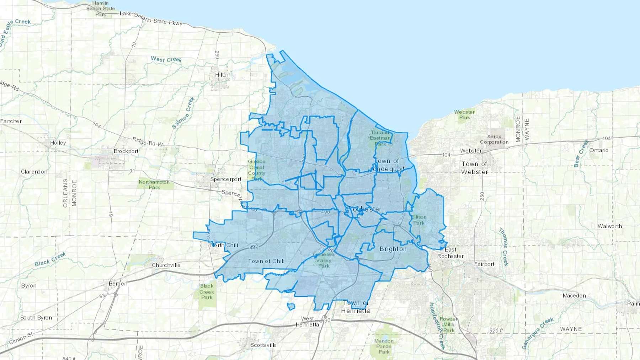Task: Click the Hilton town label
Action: pyautogui.click(x=223, y=75)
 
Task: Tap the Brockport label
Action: pyautogui.click(x=126, y=151)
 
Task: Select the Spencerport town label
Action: pyautogui.click(x=225, y=179)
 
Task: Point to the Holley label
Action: pyautogui.click(x=58, y=143)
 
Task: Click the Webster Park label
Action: pyautogui.click(x=464, y=114)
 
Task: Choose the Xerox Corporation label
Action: pyautogui.click(x=494, y=139)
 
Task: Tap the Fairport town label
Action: pyautogui.click(x=484, y=264)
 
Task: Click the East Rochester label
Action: pyautogui.click(x=450, y=253)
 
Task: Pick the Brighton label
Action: pyautogui.click(x=393, y=249)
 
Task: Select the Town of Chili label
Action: pyautogui.click(x=266, y=261)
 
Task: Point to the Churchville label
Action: pyautogui.click(x=166, y=265)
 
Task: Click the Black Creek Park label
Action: pyautogui.click(x=207, y=291)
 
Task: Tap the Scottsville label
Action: pyautogui.click(x=263, y=345)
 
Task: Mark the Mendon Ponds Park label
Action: pyautogui.click(x=384, y=346)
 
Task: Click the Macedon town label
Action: pyautogui.click(x=574, y=296)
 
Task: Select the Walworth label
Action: pyautogui.click(x=609, y=226)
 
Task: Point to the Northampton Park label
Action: pyautogui.click(x=154, y=184)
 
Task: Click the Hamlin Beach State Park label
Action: pyautogui.click(x=100, y=9)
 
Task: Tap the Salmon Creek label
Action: pyautogui.click(x=183, y=113)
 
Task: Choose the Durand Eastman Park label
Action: pyautogui.click(x=380, y=138)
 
